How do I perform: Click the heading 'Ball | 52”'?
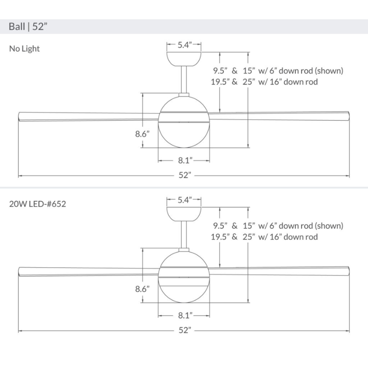click(x=28, y=26)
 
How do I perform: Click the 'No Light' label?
click(x=24, y=48)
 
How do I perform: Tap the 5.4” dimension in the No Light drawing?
click(x=184, y=45)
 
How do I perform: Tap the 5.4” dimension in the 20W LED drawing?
click(x=184, y=200)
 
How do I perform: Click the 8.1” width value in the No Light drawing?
click(x=184, y=161)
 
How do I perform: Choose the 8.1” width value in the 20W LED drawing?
click(x=184, y=316)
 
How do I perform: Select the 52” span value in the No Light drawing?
click(x=184, y=175)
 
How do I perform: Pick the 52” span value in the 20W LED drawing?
click(x=184, y=330)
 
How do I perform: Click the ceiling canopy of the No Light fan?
click(x=184, y=58)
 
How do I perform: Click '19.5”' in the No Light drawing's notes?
click(x=221, y=82)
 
